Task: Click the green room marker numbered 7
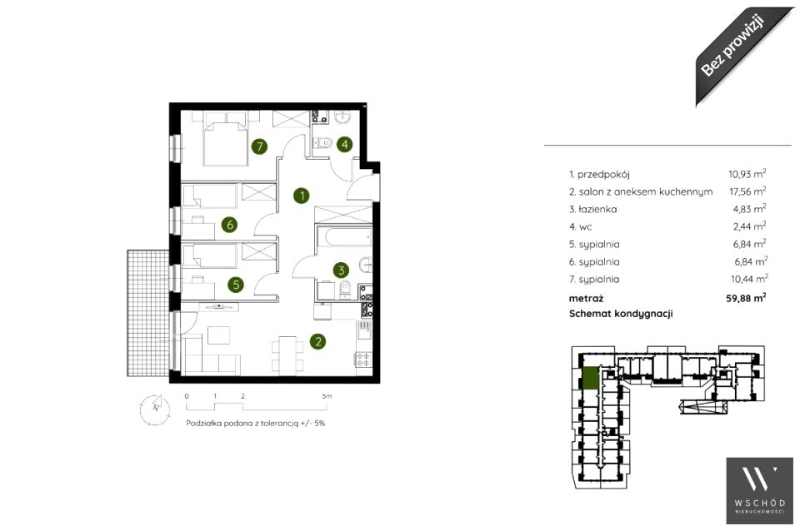[260, 146]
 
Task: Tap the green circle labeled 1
[302, 196]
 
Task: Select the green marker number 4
[345, 144]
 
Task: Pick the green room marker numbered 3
[342, 270]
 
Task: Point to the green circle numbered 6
[230, 224]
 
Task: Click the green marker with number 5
[236, 285]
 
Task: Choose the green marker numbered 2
[317, 341]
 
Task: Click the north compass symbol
[155, 409]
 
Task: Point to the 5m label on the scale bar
[327, 396]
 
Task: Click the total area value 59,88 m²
[747, 298]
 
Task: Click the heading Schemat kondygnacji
[621, 314]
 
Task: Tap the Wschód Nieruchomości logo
[760, 491]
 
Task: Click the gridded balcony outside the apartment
[148, 313]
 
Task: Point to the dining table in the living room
[287, 353]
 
